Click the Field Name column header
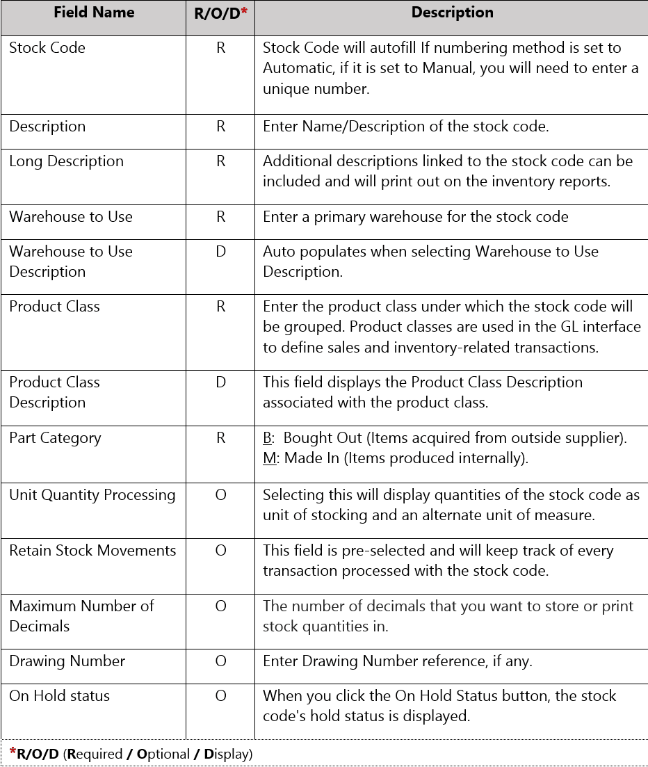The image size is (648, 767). [x=93, y=13]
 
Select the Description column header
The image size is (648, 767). [x=452, y=13]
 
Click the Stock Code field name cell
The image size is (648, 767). [x=47, y=48]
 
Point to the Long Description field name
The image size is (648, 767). [x=66, y=161]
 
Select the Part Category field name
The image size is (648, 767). [x=55, y=438]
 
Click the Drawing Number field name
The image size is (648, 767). [x=67, y=661]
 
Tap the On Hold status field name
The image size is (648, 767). [x=59, y=696]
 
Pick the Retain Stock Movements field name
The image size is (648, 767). [x=92, y=551]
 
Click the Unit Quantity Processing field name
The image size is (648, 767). [x=92, y=495]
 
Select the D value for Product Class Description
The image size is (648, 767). [x=220, y=382]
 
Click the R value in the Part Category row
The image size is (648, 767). [x=220, y=438]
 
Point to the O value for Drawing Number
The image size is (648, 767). [x=220, y=661]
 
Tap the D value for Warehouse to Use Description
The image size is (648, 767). [x=220, y=252]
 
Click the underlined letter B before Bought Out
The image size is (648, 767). [x=267, y=438]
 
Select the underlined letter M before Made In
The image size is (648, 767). [x=269, y=459]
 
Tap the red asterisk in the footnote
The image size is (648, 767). [x=13, y=752]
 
